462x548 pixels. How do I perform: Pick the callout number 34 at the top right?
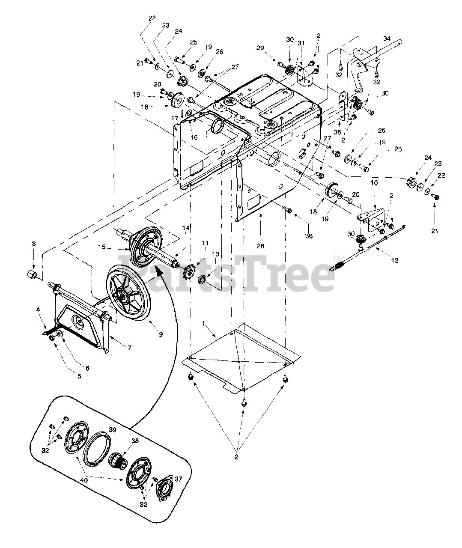point(387,39)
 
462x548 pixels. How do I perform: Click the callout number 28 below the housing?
point(260,246)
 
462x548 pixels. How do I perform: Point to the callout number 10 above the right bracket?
point(374,183)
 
